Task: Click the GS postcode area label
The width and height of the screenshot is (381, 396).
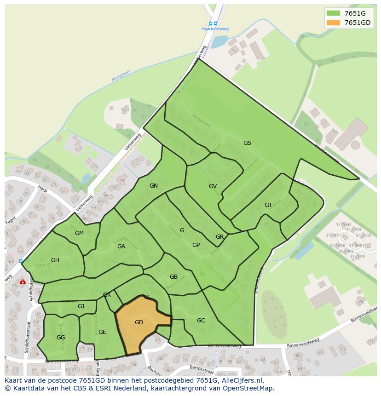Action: coord(247,143)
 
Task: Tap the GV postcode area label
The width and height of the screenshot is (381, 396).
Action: coord(213,186)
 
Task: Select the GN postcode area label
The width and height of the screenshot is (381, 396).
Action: coord(154,186)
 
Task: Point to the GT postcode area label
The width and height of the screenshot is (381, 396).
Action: coord(268,205)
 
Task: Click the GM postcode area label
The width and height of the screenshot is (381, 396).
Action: coord(79,233)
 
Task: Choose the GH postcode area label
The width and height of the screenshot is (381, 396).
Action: coord(55,260)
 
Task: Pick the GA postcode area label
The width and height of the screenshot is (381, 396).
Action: coord(121,247)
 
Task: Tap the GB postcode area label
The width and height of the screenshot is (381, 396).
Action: coord(173,277)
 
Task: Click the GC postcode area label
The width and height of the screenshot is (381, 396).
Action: coord(201,321)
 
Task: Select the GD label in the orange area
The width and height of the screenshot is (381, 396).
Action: coord(139,322)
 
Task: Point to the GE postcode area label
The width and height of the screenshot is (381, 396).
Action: coord(102,332)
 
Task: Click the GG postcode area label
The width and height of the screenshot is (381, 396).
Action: coord(61,338)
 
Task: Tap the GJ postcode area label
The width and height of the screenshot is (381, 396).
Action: coord(81,306)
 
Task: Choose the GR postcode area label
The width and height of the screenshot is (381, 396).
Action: coord(219,237)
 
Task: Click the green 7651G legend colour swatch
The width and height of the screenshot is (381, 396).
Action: coord(333,13)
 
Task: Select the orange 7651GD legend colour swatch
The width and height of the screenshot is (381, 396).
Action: coord(333,23)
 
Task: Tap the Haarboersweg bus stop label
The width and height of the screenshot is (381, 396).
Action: coord(215,29)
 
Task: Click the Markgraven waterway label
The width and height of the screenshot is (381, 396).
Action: coord(121,75)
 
